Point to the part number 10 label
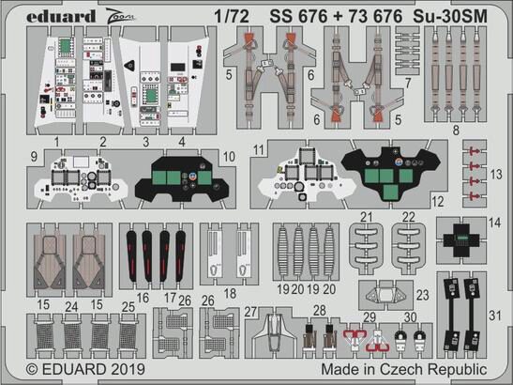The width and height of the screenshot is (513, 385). [x=229, y=154]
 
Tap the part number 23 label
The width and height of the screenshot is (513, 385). [x=423, y=293]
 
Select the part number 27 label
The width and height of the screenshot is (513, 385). [x=250, y=311]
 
